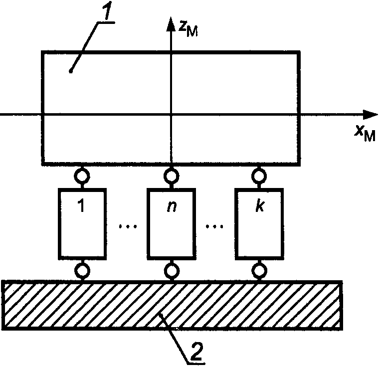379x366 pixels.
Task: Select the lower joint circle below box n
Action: pyautogui.click(x=171, y=271)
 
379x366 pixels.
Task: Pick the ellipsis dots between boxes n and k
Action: pyautogui.click(x=214, y=227)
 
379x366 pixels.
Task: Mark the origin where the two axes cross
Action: pyautogui.click(x=171, y=115)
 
